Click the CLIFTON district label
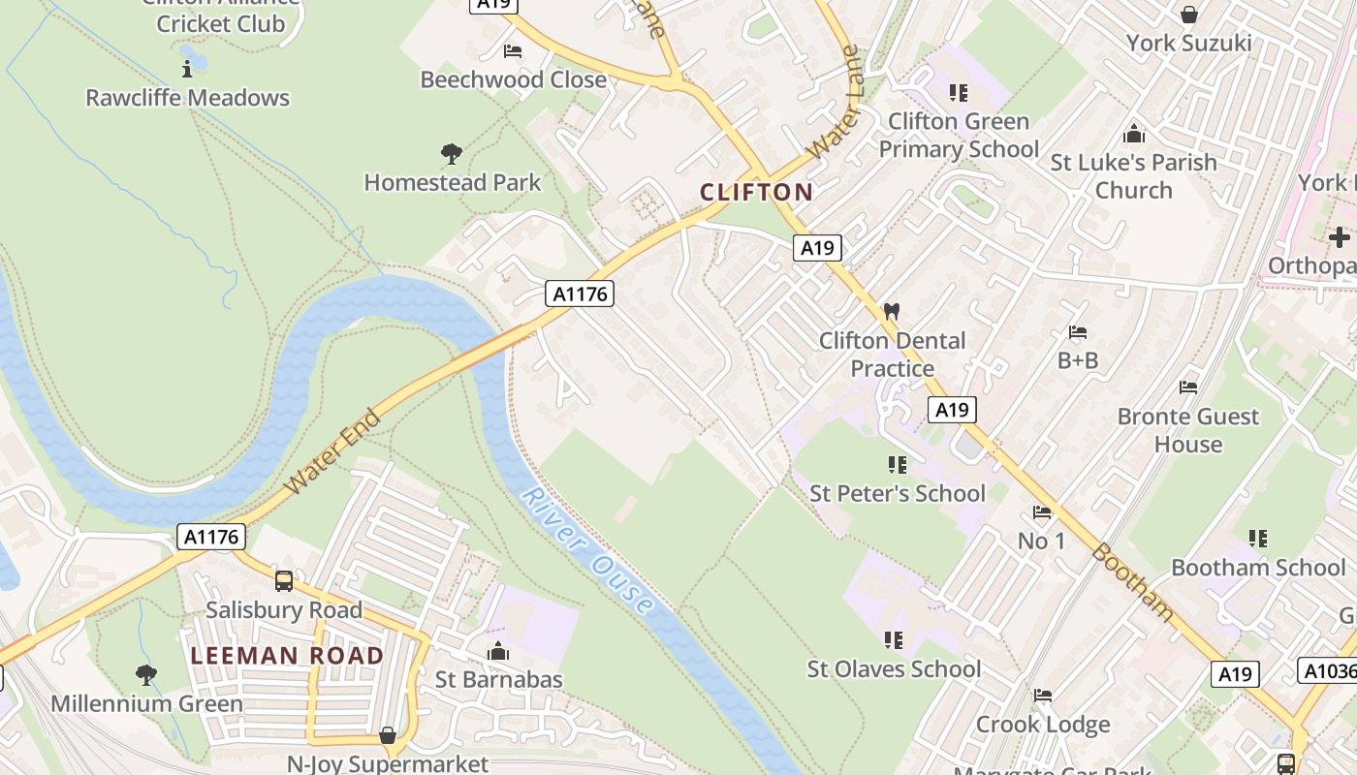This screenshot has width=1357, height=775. [x=756, y=192]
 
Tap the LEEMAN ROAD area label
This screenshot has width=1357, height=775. [x=287, y=656]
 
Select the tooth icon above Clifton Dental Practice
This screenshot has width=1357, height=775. [x=892, y=312]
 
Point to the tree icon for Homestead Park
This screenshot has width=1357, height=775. [x=451, y=153]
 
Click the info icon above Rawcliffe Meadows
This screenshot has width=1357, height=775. [x=187, y=69]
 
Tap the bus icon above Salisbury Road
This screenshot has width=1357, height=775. [x=284, y=580]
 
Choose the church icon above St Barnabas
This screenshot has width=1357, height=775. [x=498, y=651]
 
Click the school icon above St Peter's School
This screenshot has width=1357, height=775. [x=897, y=465]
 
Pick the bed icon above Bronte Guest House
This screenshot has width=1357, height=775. [x=1188, y=387]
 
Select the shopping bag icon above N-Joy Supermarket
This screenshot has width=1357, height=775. [x=388, y=735]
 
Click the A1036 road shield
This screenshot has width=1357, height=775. [x=1326, y=670]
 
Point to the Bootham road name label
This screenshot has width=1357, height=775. [x=1132, y=581]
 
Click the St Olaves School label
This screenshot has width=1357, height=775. [x=894, y=668]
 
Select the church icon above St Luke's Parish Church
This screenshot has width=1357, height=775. [x=1133, y=134]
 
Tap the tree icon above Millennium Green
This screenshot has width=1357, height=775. [x=146, y=674]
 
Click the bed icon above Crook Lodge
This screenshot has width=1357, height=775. [x=1043, y=696]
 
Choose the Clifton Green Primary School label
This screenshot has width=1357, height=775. [x=958, y=135]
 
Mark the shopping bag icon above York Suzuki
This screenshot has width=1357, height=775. [x=1188, y=15]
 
